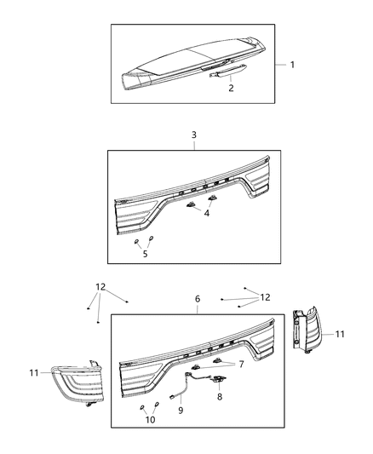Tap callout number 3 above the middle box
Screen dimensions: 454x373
click(193, 135)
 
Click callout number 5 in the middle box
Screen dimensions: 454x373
click(144, 253)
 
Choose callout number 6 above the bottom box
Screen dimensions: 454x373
click(198, 300)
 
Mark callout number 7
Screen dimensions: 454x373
click(241, 365)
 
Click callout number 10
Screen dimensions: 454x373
click(151, 419)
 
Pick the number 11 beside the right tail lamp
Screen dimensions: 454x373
click(339, 335)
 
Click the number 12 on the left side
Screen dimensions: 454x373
click(101, 287)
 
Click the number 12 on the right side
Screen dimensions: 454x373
click(266, 297)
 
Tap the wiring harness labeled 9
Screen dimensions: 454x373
click(189, 384)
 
